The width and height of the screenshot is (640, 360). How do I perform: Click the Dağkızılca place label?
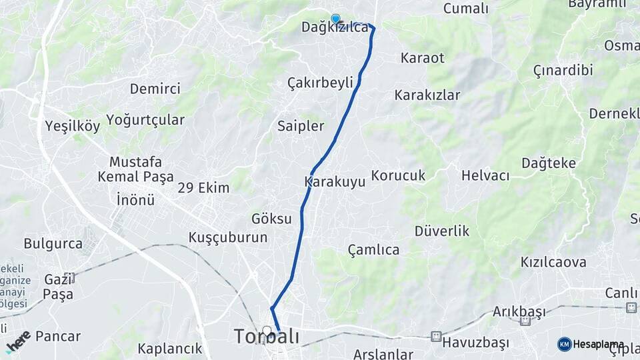pos(335,28)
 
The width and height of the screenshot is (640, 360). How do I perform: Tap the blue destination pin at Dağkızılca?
pos(335,19)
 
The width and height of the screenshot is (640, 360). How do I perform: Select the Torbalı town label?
pos(267,337)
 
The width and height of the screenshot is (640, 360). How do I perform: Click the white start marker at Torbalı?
pos(267,330)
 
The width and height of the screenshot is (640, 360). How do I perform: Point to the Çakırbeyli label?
pos(320,83)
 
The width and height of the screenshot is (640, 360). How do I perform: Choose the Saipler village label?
pos(301,126)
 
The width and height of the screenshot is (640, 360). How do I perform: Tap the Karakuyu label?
pos(335,181)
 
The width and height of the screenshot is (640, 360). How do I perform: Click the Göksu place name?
pos(271,219)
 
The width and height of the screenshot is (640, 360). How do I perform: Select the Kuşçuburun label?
pos(228,237)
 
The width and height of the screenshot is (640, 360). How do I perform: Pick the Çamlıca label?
pos(374,250)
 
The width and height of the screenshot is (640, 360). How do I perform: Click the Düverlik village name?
pos(442,231)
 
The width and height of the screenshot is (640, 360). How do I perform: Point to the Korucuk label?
pos(398,175)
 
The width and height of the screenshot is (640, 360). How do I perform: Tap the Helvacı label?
pos(485,176)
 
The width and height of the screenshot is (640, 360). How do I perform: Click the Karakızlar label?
pos(427,95)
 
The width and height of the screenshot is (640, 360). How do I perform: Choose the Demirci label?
pos(155,89)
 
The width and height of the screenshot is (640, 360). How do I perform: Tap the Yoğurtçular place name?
pos(145,120)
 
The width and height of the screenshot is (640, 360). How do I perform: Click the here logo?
pos(18,341)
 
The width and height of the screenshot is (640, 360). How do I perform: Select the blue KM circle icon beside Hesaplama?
pos(564,343)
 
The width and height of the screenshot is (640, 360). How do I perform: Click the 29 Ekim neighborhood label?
pos(203,187)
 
